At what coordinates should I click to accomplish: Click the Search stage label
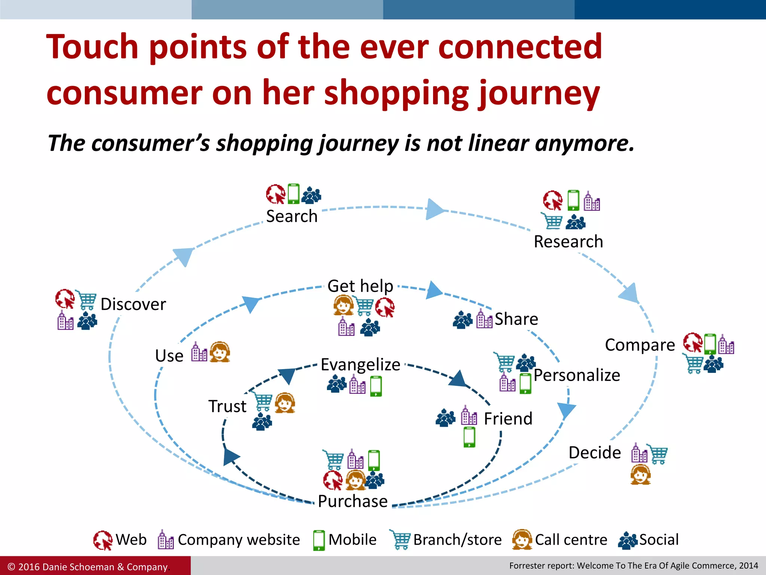coord(292,216)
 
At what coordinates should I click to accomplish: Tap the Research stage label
coord(568,242)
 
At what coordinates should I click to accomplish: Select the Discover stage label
coord(133,304)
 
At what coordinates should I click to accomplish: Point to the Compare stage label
coord(640,345)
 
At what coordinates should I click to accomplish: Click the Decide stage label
coord(595,453)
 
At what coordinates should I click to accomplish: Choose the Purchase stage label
coord(353,501)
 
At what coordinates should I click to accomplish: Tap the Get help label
coord(360,286)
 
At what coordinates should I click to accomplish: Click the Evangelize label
coord(361,365)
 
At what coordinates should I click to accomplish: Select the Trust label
coord(227,407)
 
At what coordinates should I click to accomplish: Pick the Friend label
coord(508,419)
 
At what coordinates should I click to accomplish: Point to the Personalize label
coord(577,375)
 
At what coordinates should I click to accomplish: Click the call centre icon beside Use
coord(220,352)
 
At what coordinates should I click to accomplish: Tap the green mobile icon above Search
coord(294,194)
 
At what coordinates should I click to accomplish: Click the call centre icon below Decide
coord(640,475)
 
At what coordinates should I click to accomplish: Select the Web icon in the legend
coord(103,540)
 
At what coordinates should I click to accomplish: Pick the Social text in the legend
coord(659,540)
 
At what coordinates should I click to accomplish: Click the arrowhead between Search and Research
coord(434,209)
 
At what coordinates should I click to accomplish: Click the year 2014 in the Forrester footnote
coord(748,566)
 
